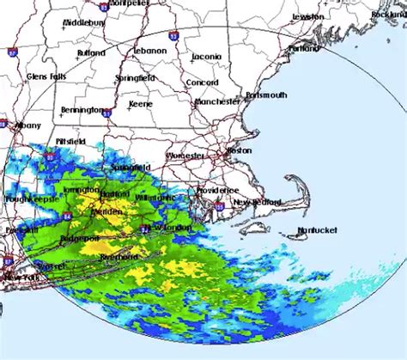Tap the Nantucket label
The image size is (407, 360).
pos(318,229)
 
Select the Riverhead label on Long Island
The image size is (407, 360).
pos(117,256)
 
